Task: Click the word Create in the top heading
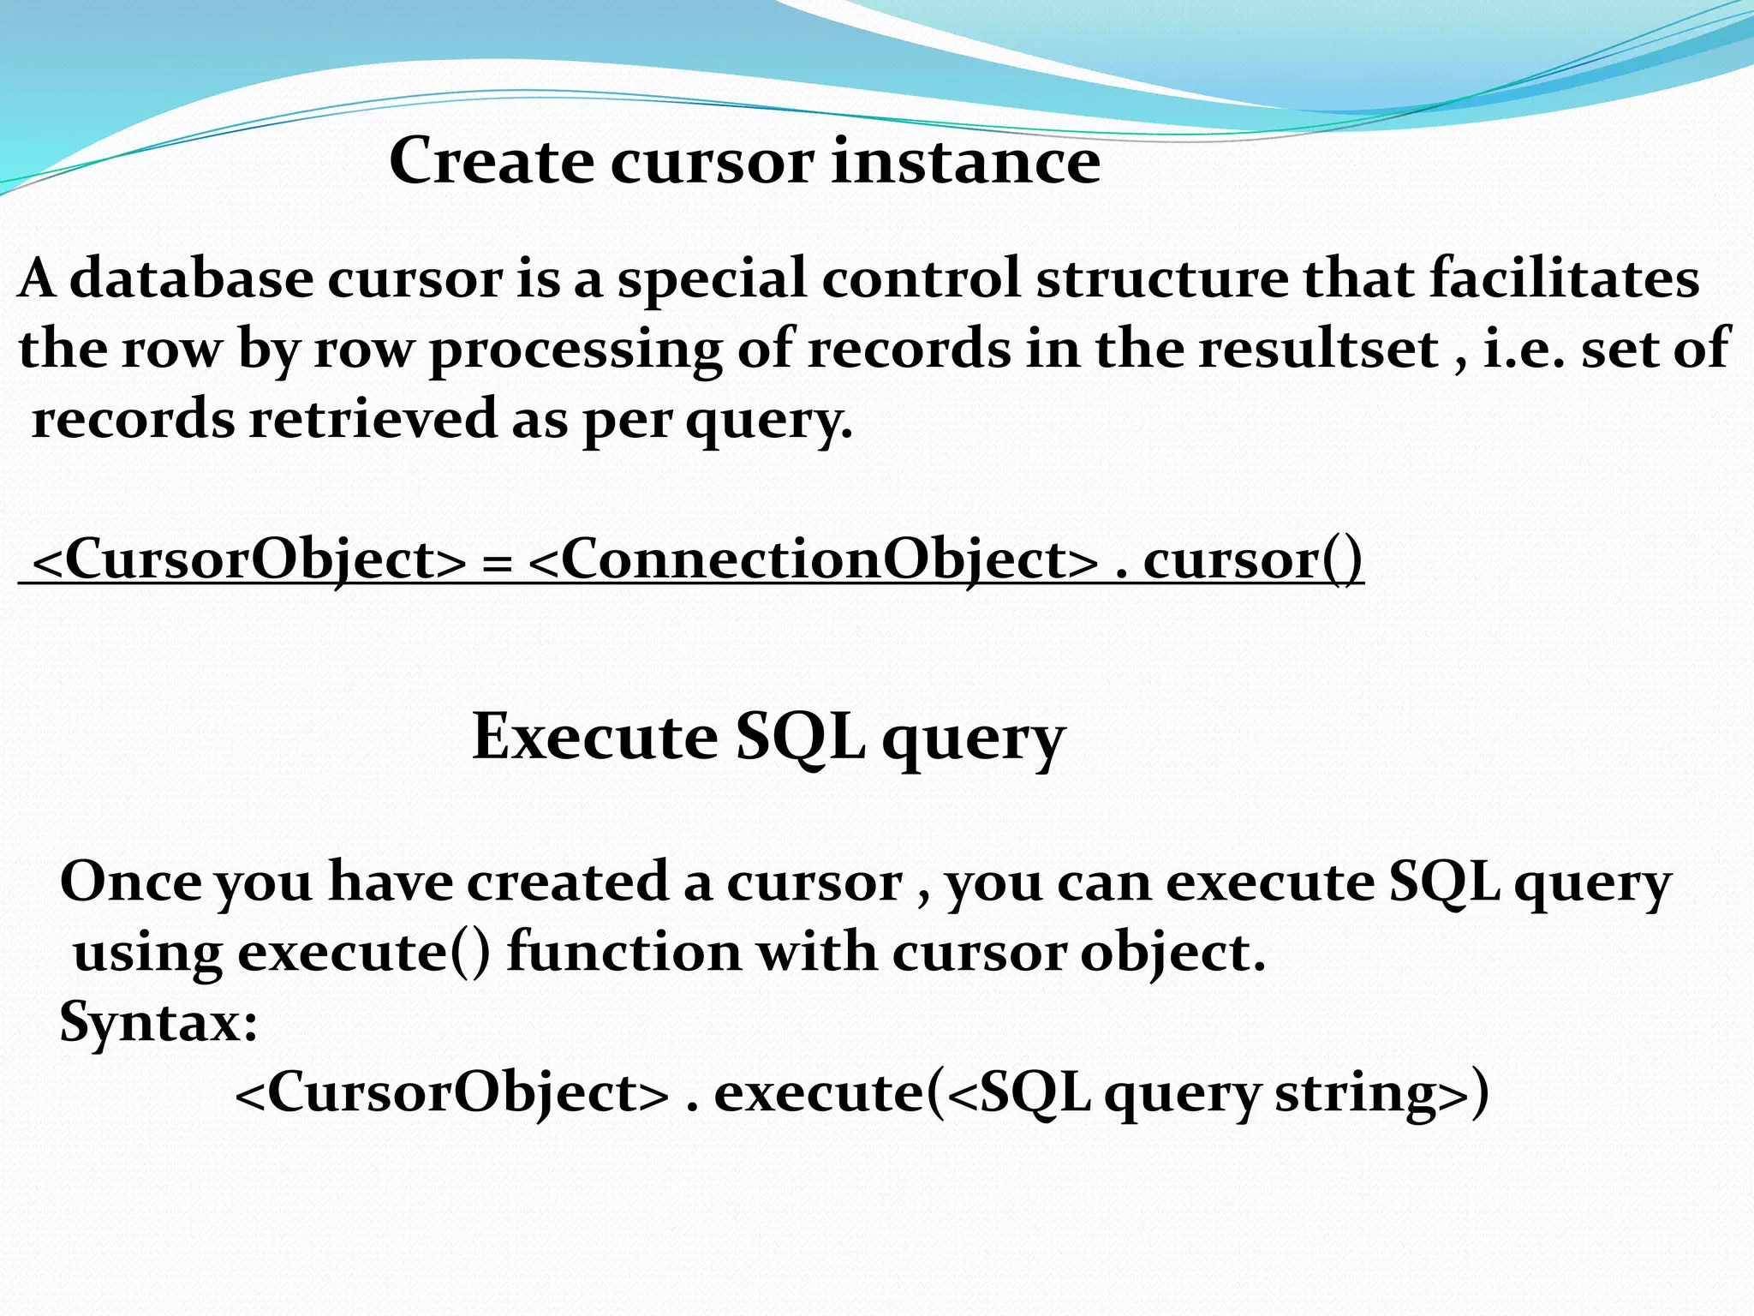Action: pyautogui.click(x=491, y=161)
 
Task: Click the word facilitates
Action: pyautogui.click(x=1564, y=279)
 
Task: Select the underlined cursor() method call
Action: pyautogui.click(x=1252, y=560)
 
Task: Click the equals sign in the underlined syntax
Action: pyautogui.click(x=497, y=564)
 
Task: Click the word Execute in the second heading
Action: pyautogui.click(x=594, y=737)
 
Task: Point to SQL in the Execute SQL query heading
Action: pyautogui.click(x=800, y=737)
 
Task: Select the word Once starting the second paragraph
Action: pyautogui.click(x=131, y=882)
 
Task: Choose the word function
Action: pyautogui.click(x=623, y=953)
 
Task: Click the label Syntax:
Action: pyautogui.click(x=158, y=1023)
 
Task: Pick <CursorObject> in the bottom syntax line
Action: pyautogui.click(x=451, y=1093)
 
